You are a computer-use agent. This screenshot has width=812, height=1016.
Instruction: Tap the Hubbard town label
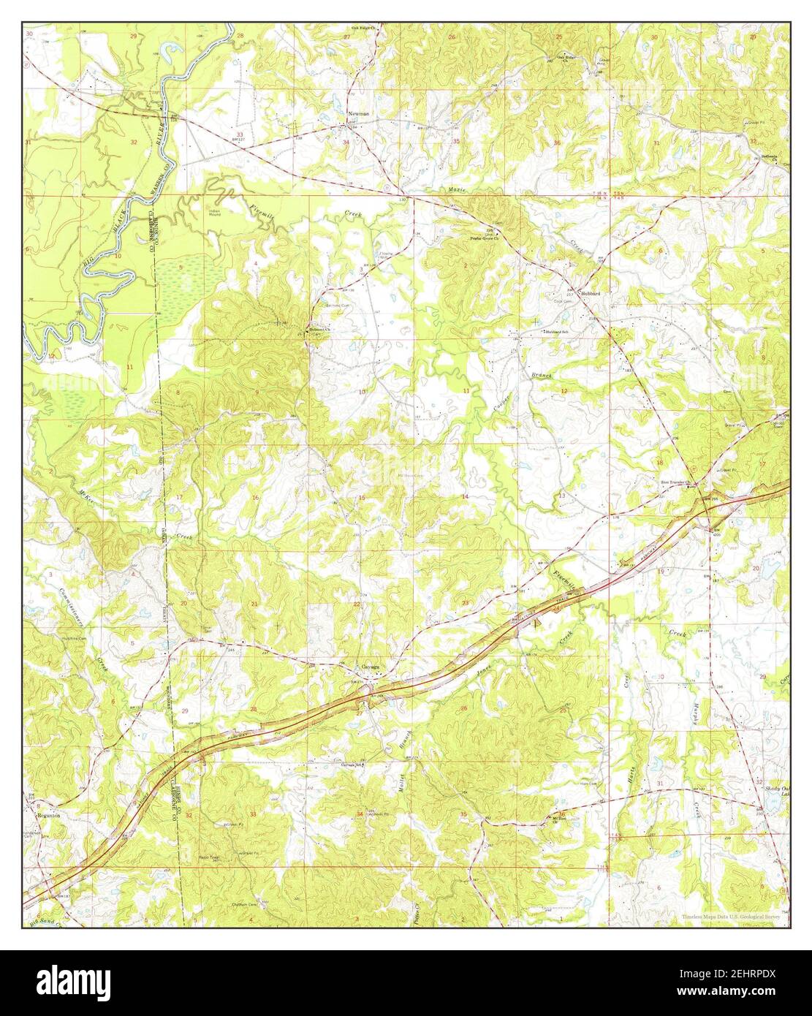[x=590, y=293]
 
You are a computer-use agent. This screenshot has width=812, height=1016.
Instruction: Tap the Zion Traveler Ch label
[x=676, y=483]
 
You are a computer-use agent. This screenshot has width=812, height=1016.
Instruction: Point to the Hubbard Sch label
[x=555, y=331]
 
